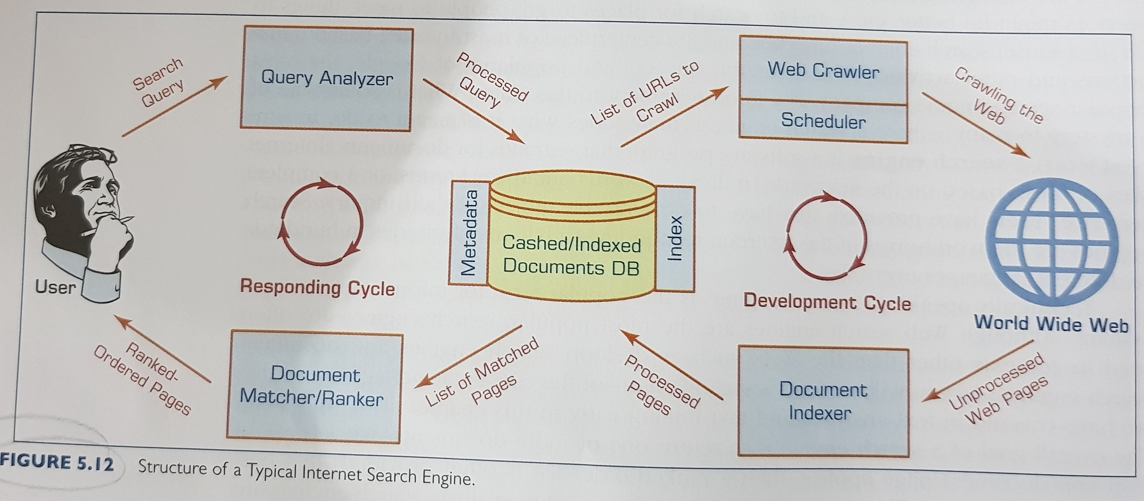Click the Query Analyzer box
pyautogui.click(x=326, y=79)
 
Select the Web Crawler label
pyautogui.click(x=823, y=71)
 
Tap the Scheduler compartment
pyautogui.click(x=823, y=121)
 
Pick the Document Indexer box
pyautogui.click(x=822, y=401)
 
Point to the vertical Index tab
pyautogui.click(x=675, y=238)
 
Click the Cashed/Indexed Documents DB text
pyautogui.click(x=571, y=256)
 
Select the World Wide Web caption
pyautogui.click(x=1051, y=324)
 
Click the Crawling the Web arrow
pyautogui.click(x=975, y=125)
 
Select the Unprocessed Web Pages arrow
pyautogui.click(x=977, y=371)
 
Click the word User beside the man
pyautogui.click(x=55, y=287)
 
